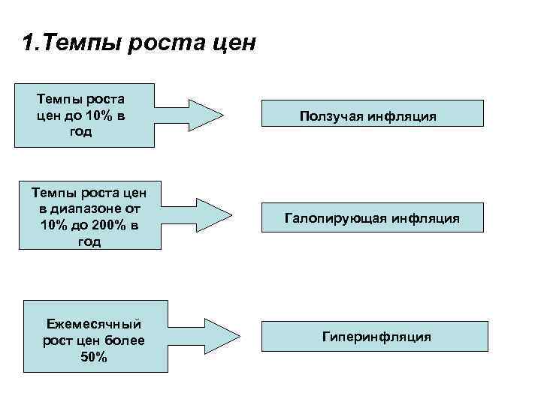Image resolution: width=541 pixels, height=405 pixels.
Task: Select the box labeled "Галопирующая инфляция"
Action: point(373,219)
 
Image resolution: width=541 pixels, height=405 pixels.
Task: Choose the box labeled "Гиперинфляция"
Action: point(376,337)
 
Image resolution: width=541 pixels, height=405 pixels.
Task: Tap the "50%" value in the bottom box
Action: point(93,358)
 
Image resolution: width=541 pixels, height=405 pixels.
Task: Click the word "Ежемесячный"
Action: point(94,325)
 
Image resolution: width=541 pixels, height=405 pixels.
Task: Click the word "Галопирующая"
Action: point(336,219)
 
